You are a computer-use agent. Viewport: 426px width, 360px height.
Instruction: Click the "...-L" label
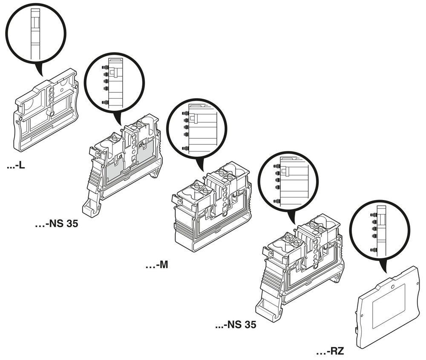point(16,165)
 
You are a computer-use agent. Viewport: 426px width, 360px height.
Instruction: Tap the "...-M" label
point(157,265)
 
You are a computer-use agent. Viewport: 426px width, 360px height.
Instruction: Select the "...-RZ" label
point(329,352)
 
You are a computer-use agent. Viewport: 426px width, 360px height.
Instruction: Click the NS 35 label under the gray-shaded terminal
point(56,223)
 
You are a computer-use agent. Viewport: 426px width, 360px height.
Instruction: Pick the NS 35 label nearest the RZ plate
point(236,326)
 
